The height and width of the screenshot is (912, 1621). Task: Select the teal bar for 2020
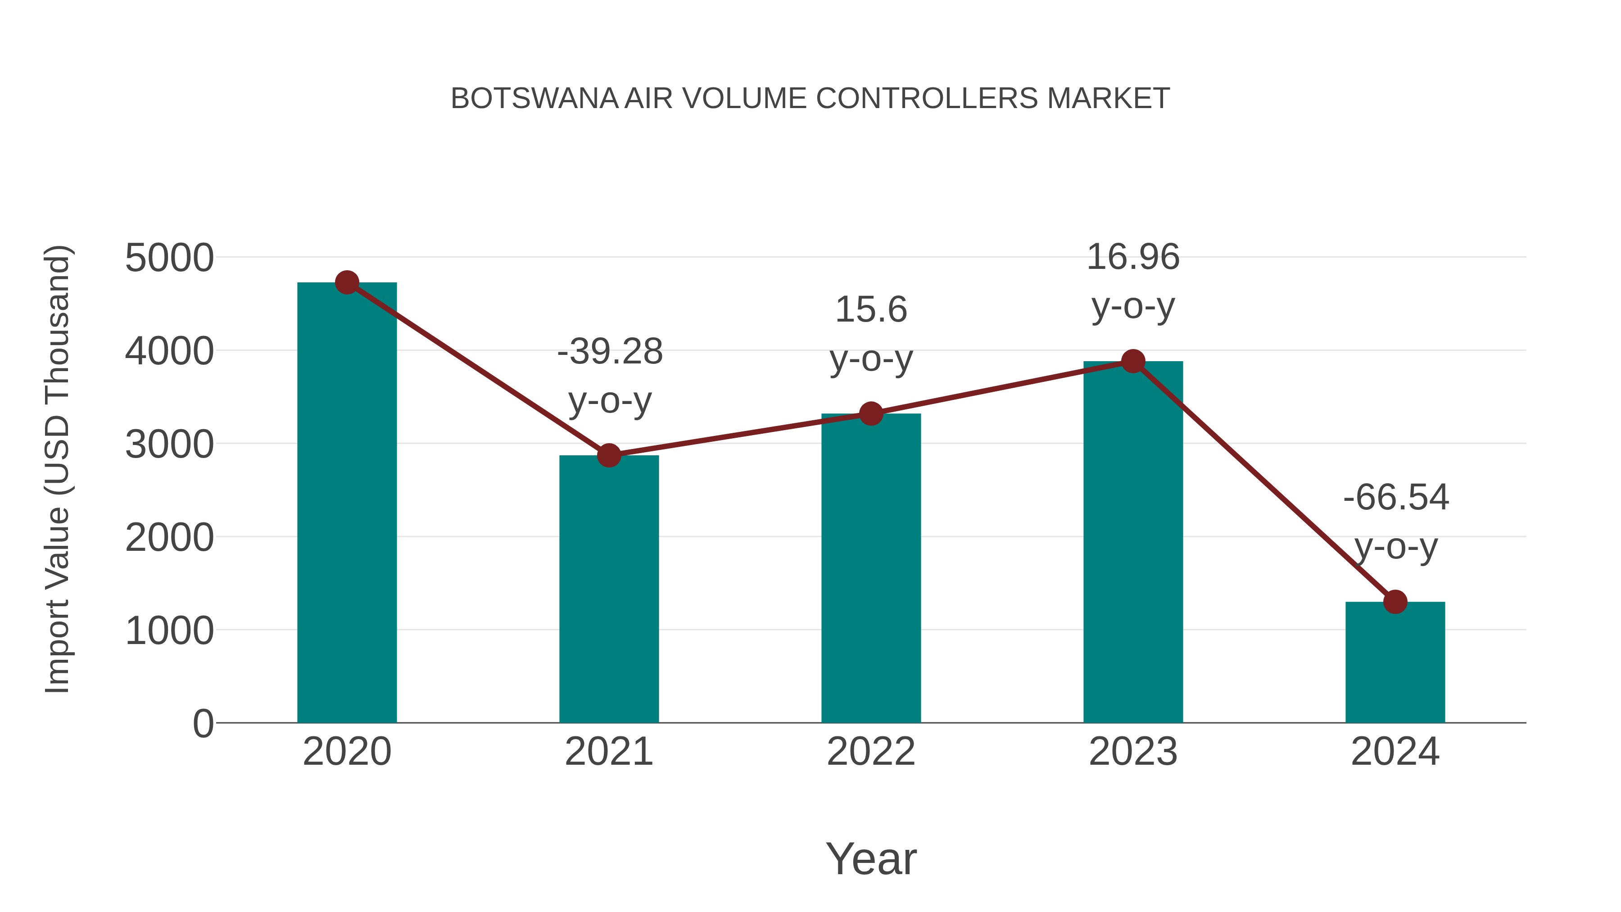point(347,504)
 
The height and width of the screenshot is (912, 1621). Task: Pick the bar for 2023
point(1133,541)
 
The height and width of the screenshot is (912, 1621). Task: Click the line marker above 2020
point(347,282)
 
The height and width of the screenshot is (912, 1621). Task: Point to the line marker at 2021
point(608,455)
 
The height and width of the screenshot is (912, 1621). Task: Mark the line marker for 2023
point(1133,361)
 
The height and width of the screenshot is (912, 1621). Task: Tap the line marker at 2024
point(1395,602)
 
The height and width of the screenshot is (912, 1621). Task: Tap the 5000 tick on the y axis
point(169,258)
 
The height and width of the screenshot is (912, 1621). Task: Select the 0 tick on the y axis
point(203,724)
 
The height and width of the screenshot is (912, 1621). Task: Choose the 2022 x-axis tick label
point(871,752)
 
